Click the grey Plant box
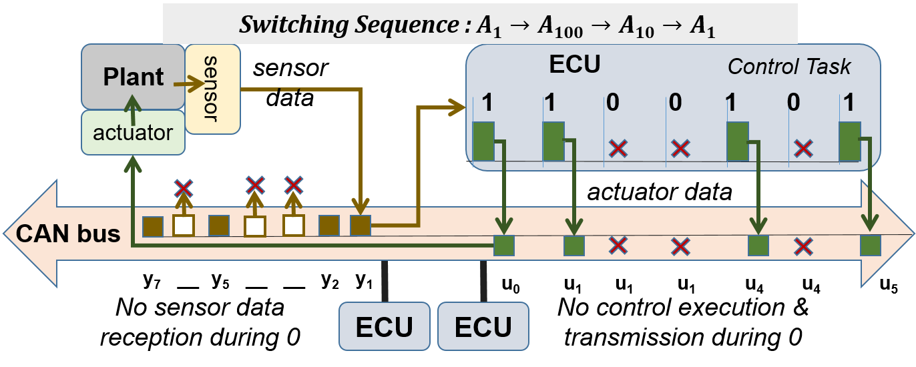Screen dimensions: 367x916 pos(133,77)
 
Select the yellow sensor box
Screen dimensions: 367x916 pos(212,89)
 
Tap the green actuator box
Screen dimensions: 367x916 pos(133,132)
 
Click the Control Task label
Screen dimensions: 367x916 pos(789,66)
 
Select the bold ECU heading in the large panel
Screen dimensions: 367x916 pos(574,65)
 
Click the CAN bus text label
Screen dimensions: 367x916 pos(69,234)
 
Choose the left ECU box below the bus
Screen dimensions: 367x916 pos(384,326)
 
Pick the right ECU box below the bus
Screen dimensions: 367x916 pos(483,326)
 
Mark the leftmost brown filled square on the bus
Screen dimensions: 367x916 pos(153,227)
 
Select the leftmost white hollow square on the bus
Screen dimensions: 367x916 pos(184,226)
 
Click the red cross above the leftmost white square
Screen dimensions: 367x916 pos(184,188)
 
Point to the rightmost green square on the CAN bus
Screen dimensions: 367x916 pos(871,245)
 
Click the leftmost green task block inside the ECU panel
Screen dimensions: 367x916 pos(483,141)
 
